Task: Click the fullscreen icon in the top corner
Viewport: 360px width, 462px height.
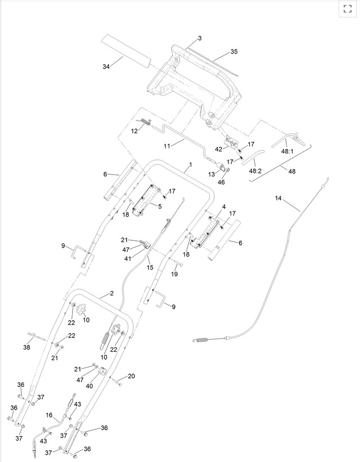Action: (347, 8)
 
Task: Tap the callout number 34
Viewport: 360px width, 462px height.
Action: (106, 66)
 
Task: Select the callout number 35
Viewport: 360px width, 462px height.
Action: (234, 52)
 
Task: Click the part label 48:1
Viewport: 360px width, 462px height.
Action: (287, 151)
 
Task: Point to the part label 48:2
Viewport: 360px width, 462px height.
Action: (255, 171)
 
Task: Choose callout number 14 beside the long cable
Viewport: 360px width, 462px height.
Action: (279, 198)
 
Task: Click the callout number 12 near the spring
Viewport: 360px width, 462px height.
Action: (134, 131)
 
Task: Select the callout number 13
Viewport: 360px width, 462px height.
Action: (211, 174)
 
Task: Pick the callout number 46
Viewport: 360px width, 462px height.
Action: (221, 182)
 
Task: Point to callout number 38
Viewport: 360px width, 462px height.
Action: (26, 347)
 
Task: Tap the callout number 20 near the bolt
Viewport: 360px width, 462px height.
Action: (132, 376)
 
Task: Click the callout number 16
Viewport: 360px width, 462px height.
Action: (49, 415)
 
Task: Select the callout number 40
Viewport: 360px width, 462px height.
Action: (89, 386)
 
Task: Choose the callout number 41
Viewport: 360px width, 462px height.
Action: (128, 258)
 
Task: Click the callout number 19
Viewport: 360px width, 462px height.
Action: (174, 273)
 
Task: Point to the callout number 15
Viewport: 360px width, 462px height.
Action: (150, 267)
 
